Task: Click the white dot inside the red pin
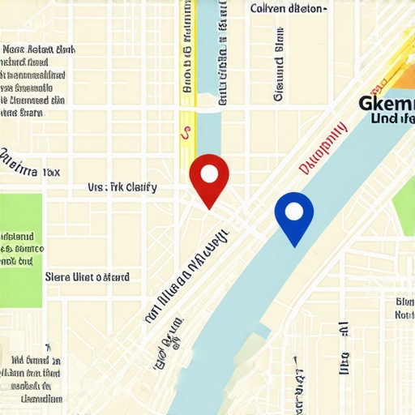coord(209,173)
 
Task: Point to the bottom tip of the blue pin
coord(294,246)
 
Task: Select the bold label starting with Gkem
coord(386,103)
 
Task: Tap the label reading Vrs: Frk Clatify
coord(122,188)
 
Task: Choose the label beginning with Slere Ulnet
coord(87,277)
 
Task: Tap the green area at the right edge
coord(405,207)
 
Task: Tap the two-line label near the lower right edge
coord(404,308)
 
